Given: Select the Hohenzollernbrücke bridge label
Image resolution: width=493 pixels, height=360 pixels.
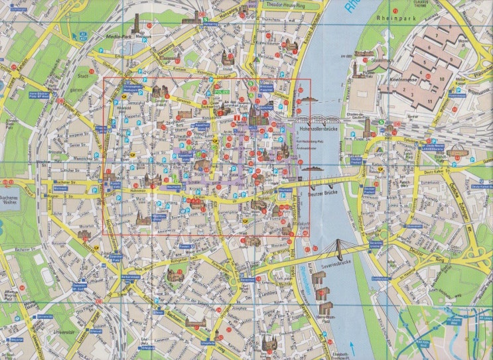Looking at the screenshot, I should (x=318, y=130).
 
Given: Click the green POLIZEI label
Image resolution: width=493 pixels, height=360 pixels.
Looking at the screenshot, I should (x=221, y=91).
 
